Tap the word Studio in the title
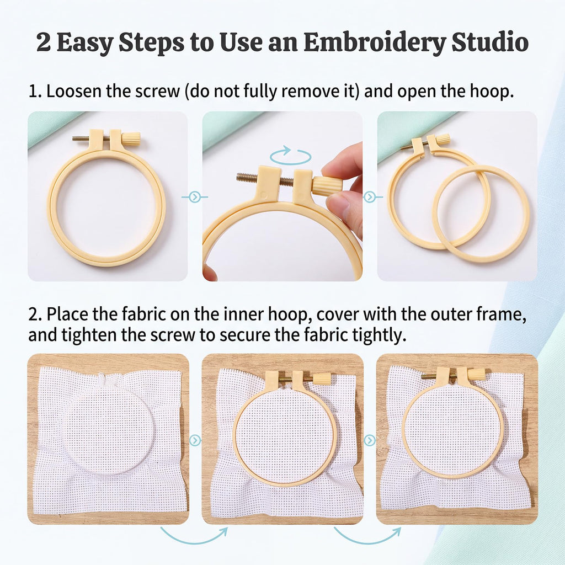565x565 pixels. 490,42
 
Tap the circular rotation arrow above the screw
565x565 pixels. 291,155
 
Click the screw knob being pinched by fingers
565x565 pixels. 327,185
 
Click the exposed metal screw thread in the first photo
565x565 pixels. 81,137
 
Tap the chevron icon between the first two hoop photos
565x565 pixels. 195,197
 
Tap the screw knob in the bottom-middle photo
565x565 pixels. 320,379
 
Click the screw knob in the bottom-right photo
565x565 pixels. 477,374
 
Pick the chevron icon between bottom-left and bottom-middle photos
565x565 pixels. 195,440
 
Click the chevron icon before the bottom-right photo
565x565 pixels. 370,440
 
